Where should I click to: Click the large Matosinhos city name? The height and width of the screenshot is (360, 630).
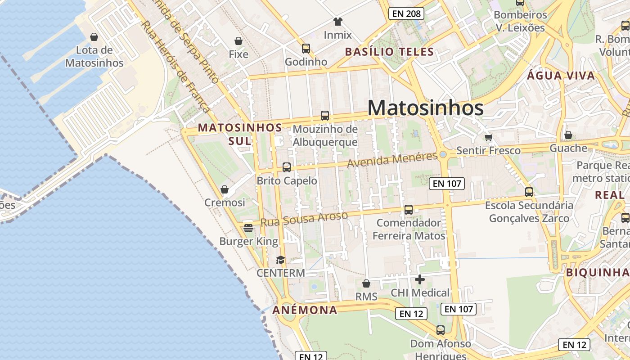pyautogui.click(x=425, y=108)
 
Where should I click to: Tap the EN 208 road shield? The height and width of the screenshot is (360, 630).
pyautogui.click(x=406, y=13)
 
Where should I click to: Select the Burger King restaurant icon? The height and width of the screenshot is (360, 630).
pyautogui.click(x=248, y=228)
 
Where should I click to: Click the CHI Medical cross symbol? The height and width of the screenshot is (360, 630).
pyautogui.click(x=420, y=279)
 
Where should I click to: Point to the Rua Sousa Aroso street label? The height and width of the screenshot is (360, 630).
pyautogui.click(x=304, y=219)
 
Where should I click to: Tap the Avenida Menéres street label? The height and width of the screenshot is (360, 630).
pyautogui.click(x=392, y=159)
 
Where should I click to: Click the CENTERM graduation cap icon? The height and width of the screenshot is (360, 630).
pyautogui.click(x=280, y=260)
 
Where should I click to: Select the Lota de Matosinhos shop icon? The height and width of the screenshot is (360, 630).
pyautogui.click(x=94, y=36)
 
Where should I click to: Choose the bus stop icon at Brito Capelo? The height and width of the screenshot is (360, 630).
pyautogui.click(x=287, y=167)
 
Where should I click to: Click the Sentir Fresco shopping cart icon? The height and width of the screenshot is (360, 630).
pyautogui.click(x=488, y=137)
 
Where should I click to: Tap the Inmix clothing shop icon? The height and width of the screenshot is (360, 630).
pyautogui.click(x=338, y=21)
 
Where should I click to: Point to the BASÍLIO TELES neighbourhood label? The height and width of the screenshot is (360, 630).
pyautogui.click(x=389, y=52)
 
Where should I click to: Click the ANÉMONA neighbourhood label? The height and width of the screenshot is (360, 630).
pyautogui.click(x=305, y=310)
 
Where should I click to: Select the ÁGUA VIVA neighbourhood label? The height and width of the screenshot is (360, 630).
pyautogui.click(x=561, y=76)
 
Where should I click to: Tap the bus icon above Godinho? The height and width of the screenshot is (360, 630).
pyautogui.click(x=306, y=48)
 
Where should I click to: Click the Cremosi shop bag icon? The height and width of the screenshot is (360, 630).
pyautogui.click(x=225, y=189)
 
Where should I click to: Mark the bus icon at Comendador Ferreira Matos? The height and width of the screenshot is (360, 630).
pyautogui.click(x=409, y=209)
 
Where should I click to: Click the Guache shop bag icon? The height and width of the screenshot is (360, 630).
pyautogui.click(x=568, y=135)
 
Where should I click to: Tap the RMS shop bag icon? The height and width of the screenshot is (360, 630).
pyautogui.click(x=366, y=283)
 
